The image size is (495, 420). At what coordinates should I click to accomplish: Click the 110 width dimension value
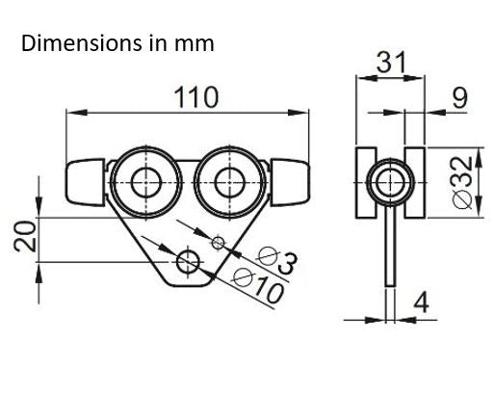(x=195, y=97)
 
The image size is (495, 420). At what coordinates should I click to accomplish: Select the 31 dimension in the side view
(x=390, y=63)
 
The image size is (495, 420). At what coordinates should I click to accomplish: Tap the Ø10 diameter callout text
(x=259, y=287)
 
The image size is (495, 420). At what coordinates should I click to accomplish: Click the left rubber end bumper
(x=84, y=181)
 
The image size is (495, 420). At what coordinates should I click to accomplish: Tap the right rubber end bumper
(x=292, y=181)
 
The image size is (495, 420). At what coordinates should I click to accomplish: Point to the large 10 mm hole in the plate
(x=189, y=260)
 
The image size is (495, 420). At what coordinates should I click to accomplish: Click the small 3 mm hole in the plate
(x=219, y=242)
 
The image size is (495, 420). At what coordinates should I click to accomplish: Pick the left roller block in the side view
(x=365, y=179)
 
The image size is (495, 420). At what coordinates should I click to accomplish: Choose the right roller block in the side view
(x=415, y=179)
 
